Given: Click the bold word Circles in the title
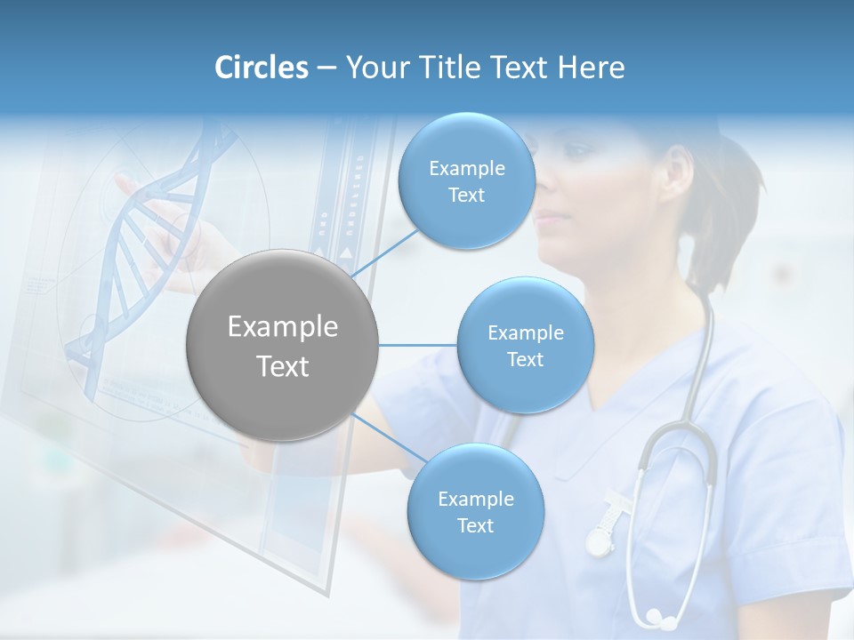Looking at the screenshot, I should [261, 68].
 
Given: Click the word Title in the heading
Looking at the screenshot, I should [447, 68].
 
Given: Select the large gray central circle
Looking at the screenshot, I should [282, 345].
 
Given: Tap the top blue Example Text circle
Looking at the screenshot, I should [466, 181].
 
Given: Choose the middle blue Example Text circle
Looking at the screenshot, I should [525, 346].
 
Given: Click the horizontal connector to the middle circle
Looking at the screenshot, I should [417, 345].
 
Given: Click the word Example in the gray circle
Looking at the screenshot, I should [282, 327].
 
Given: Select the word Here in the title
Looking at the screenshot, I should [591, 68].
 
